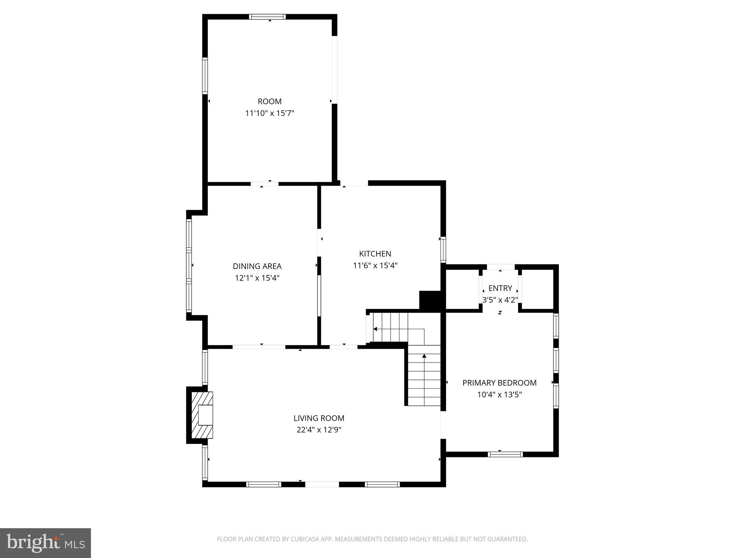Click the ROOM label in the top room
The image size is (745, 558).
point(270,102)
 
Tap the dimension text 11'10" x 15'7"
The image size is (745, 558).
point(270,113)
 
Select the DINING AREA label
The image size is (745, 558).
point(257,266)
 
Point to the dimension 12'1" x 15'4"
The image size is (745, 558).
point(257,278)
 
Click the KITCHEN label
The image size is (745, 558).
point(375,254)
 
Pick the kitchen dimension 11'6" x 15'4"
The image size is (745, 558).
point(375,266)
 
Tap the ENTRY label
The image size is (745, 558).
point(500,288)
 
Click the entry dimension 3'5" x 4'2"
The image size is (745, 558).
point(500,300)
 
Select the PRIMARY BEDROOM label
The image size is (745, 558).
point(499,383)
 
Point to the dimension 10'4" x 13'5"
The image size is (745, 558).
point(499,395)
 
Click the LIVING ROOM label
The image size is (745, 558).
point(319,418)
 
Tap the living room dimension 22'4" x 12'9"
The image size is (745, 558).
point(319,430)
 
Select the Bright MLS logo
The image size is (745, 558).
point(45,543)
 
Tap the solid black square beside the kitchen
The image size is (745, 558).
point(430,300)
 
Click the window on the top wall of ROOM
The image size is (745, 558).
point(267,17)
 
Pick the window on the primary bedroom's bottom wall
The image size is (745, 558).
point(505,454)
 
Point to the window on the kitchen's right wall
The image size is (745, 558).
point(443,249)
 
